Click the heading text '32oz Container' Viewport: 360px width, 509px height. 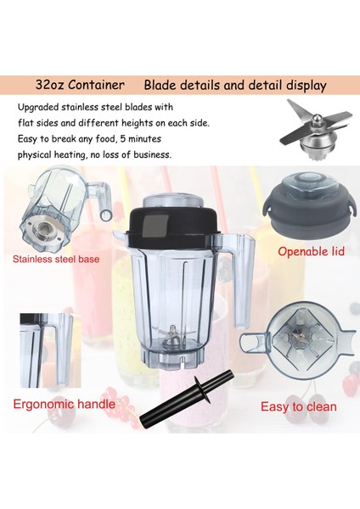(x=81, y=85)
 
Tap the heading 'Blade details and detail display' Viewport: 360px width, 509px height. (x=235, y=85)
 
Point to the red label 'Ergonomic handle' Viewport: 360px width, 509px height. (x=64, y=404)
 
